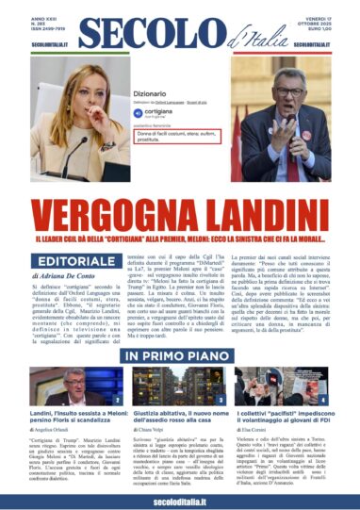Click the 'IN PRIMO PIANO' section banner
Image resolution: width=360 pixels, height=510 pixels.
point(179,356)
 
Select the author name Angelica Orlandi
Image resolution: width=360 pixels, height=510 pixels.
point(50,448)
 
